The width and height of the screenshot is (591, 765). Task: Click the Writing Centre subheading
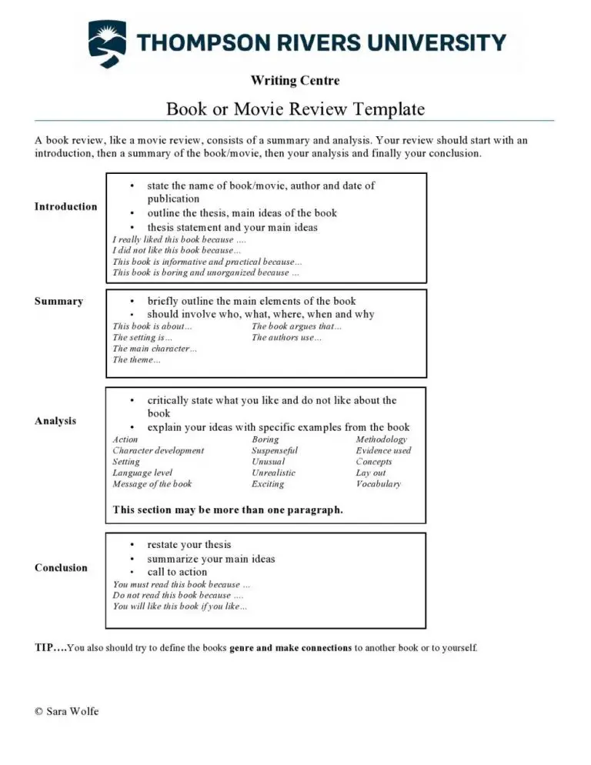point(295,80)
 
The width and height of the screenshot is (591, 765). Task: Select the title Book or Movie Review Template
point(295,109)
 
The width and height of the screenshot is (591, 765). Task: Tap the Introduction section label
point(65,206)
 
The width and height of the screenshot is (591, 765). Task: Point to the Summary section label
point(58,301)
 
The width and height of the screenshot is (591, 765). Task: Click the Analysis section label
point(55,421)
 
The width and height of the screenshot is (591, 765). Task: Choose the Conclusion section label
point(61,567)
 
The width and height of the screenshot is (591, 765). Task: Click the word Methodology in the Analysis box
point(381,439)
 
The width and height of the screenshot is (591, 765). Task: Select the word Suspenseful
point(275,450)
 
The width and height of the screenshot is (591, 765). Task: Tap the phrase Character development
point(159,450)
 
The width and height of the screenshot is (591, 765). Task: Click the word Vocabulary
point(378,484)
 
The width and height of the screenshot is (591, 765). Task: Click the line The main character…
point(155,349)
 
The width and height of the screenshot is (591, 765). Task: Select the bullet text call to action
point(177,572)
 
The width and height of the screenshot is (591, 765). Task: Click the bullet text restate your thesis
point(189,544)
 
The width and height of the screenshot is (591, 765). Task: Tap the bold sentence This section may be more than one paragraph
point(228,509)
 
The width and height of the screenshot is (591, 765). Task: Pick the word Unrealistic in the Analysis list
point(273,473)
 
